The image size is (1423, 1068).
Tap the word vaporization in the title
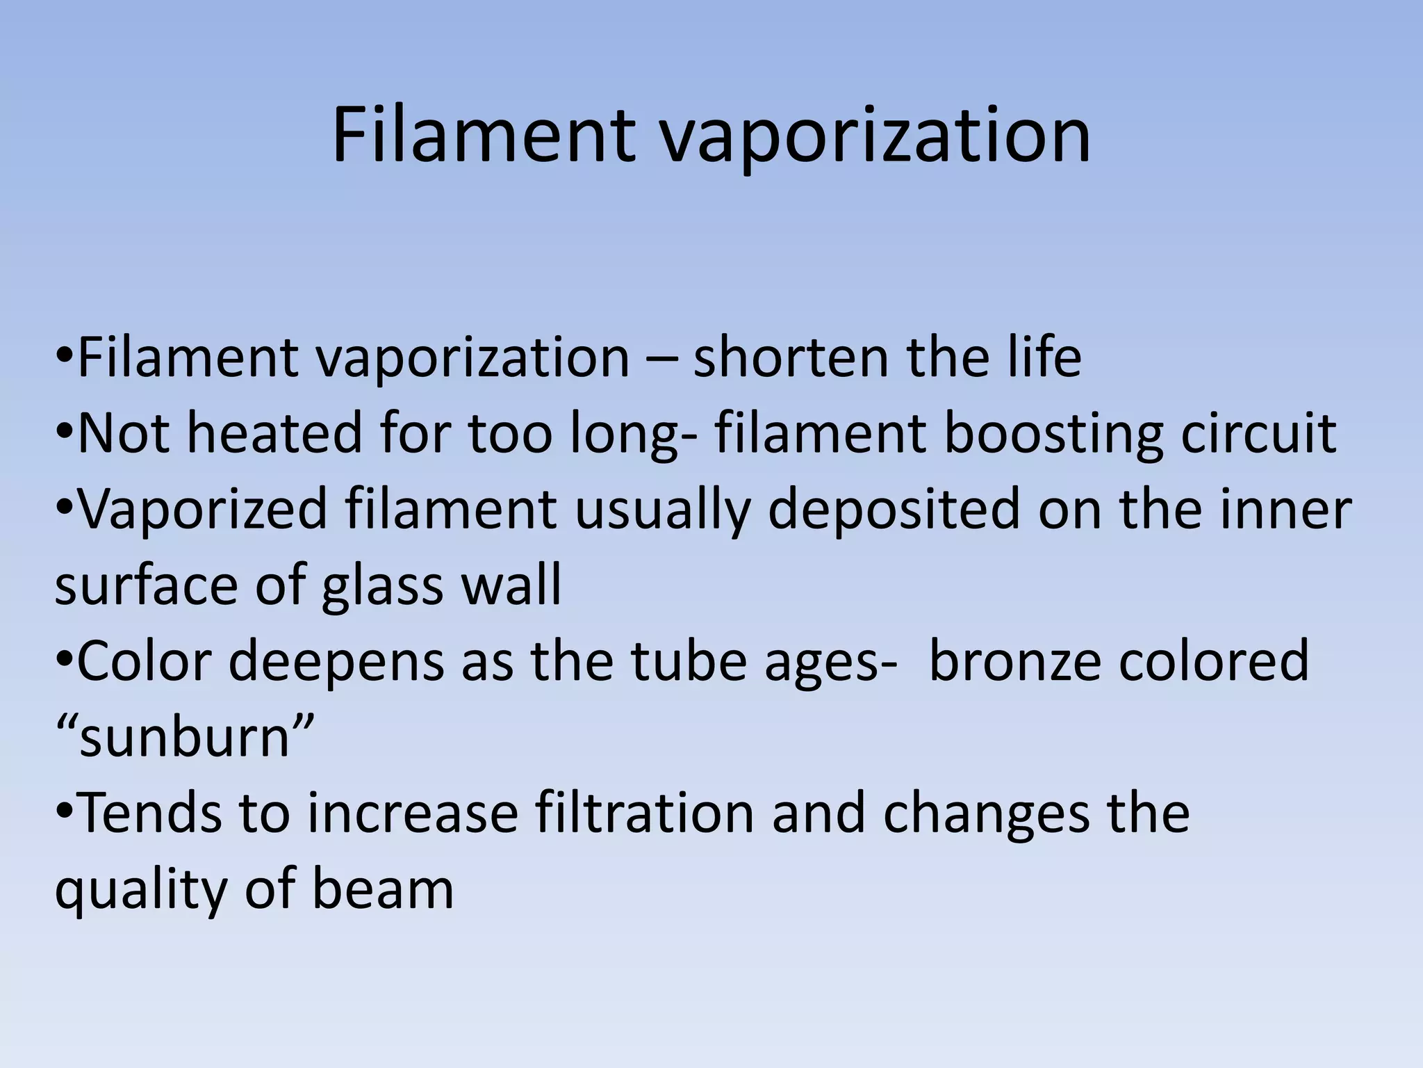(875, 136)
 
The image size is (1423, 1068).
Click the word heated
(275, 432)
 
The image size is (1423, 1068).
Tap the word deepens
(336, 663)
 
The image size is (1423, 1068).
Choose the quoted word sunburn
(185, 737)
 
